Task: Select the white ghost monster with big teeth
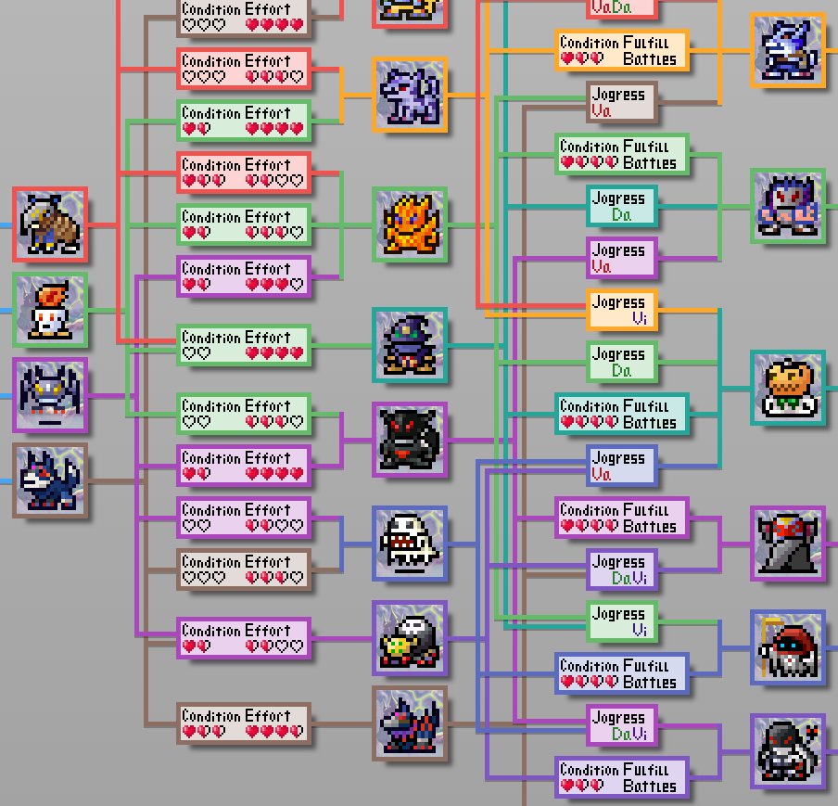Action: [410, 544]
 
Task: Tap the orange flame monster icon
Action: [410, 224]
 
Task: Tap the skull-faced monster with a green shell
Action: [410, 638]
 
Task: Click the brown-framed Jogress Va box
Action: [622, 102]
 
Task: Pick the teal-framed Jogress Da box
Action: [622, 206]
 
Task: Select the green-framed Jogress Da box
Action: [622, 362]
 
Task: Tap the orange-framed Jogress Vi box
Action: [622, 310]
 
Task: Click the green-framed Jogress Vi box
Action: [622, 621]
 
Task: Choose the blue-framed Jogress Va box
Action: [622, 466]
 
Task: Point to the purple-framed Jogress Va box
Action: [622, 258]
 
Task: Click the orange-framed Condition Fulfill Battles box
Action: [622, 50]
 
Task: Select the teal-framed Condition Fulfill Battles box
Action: [622, 414]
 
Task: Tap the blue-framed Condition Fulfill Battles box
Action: [622, 673]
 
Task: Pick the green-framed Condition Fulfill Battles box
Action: [622, 154]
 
